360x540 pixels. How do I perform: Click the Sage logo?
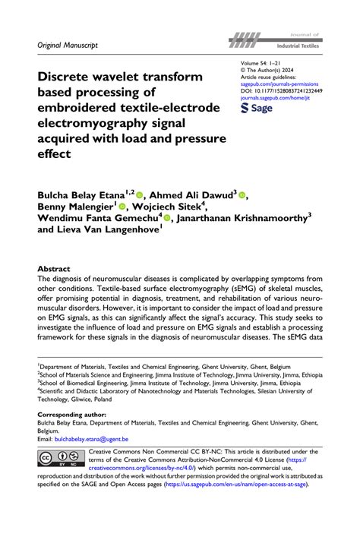pos(257,109)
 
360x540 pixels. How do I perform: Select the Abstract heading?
pos(54,270)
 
